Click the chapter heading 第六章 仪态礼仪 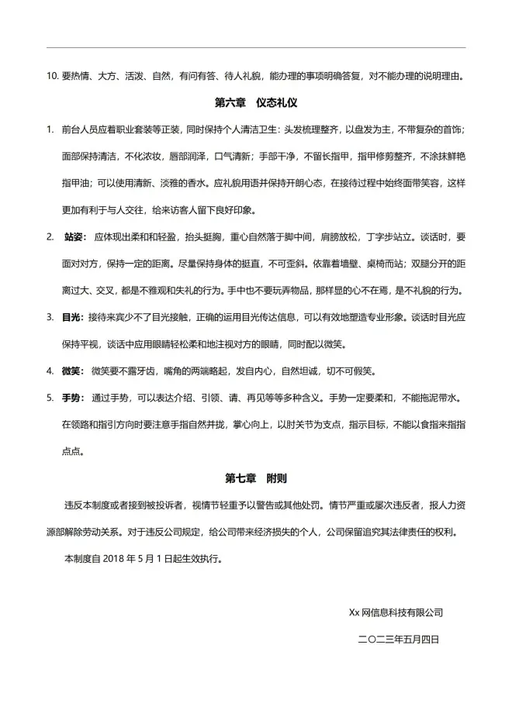pos(256,102)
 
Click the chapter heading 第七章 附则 pos(256,478)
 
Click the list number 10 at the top pos(52,77)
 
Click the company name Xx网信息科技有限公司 pos(396,612)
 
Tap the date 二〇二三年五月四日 pos(398,640)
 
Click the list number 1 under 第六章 pos(50,129)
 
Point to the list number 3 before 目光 pos(50,318)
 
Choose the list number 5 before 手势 pos(50,398)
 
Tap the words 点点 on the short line pos(72,452)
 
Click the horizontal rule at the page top pos(256,48)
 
